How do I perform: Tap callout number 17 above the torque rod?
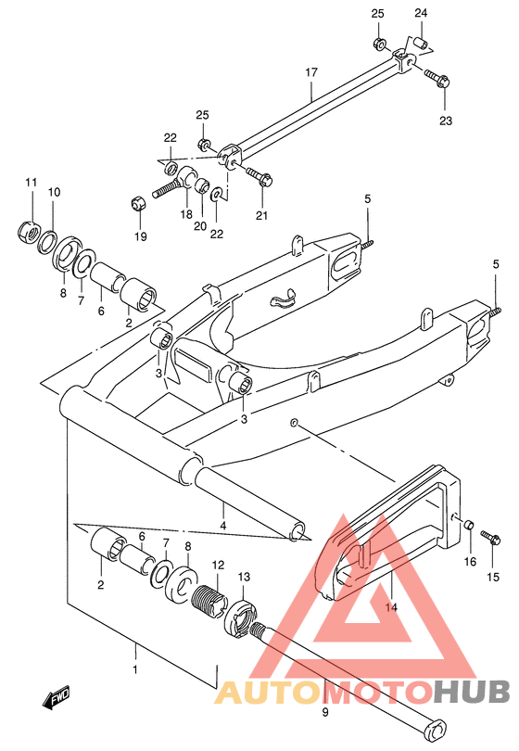pyautogui.click(x=311, y=72)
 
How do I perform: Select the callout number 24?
pyautogui.click(x=421, y=13)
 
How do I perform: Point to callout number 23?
pyautogui.click(x=446, y=121)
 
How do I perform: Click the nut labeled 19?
pyautogui.click(x=139, y=204)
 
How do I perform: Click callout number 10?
pyautogui.click(x=54, y=192)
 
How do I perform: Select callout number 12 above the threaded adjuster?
pyautogui.click(x=218, y=566)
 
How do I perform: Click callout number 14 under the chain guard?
pyautogui.click(x=391, y=607)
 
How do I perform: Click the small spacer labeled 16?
pyautogui.click(x=468, y=525)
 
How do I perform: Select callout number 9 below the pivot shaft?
pyautogui.click(x=325, y=713)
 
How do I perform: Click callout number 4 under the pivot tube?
pyautogui.click(x=223, y=526)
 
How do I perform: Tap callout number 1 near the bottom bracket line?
pyautogui.click(x=135, y=669)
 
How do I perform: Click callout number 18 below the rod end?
pyautogui.click(x=186, y=214)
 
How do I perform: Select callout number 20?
pyautogui.click(x=200, y=225)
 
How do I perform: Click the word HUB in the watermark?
pyautogui.click(x=472, y=691)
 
